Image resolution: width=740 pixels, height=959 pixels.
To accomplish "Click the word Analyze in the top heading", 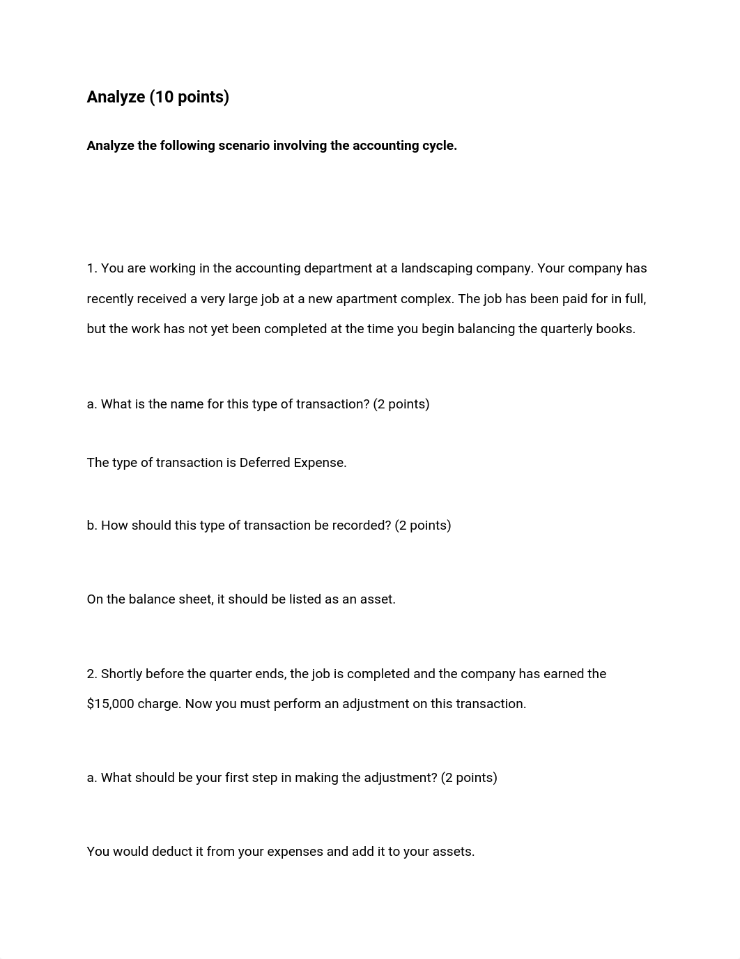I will pos(116,97).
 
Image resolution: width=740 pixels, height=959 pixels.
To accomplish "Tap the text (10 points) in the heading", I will pos(189,97).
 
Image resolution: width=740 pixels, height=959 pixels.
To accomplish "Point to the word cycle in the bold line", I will pos(438,146).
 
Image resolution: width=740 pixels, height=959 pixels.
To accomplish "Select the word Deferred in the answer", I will pos(265,463).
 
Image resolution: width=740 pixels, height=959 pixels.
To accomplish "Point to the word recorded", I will pos(353,525).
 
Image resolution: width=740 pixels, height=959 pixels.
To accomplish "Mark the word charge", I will pos(159,704).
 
